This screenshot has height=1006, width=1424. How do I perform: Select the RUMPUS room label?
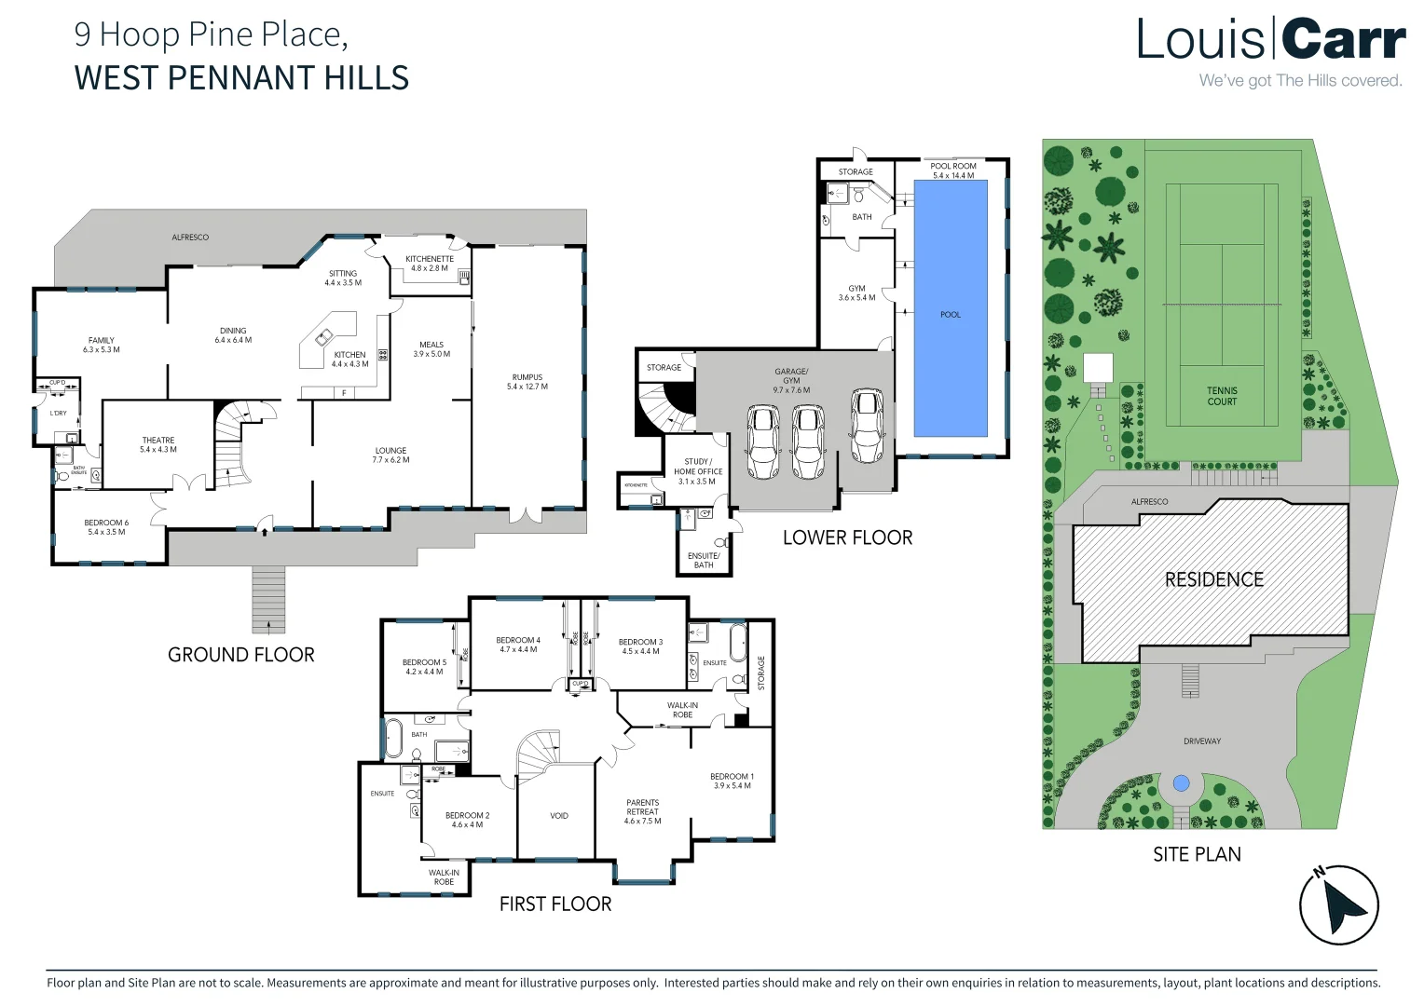coord(527,377)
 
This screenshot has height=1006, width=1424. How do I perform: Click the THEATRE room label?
coord(158,441)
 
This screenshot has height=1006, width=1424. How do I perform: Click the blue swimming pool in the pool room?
coord(950,307)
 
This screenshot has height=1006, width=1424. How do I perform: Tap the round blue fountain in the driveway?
coord(1181,783)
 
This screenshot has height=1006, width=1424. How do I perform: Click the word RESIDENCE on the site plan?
coord(1213,579)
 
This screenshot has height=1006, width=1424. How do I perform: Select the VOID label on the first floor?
coord(558,816)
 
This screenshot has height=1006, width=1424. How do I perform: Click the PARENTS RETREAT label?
coord(642,807)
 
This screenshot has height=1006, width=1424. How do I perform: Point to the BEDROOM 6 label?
coord(106,523)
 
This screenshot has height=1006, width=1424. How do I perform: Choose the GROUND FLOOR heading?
coord(240,655)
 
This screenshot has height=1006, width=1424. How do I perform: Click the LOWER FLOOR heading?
coord(847,537)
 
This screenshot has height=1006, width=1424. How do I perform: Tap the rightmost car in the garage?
coord(867,426)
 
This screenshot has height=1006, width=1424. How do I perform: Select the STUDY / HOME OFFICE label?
coord(697,467)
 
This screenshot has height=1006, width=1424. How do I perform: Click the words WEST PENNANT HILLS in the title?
coord(241,77)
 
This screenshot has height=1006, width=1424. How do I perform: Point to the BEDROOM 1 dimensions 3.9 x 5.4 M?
coord(732,786)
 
